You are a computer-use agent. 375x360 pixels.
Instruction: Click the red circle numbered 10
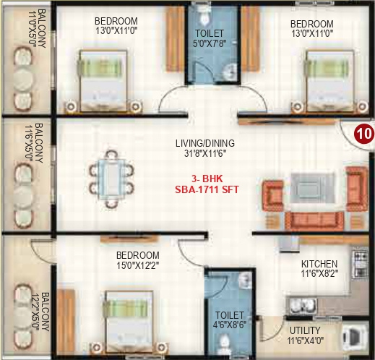pyautogui.click(x=363, y=134)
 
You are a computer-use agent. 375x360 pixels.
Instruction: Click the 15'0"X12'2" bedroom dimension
pyautogui.click(x=137, y=266)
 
